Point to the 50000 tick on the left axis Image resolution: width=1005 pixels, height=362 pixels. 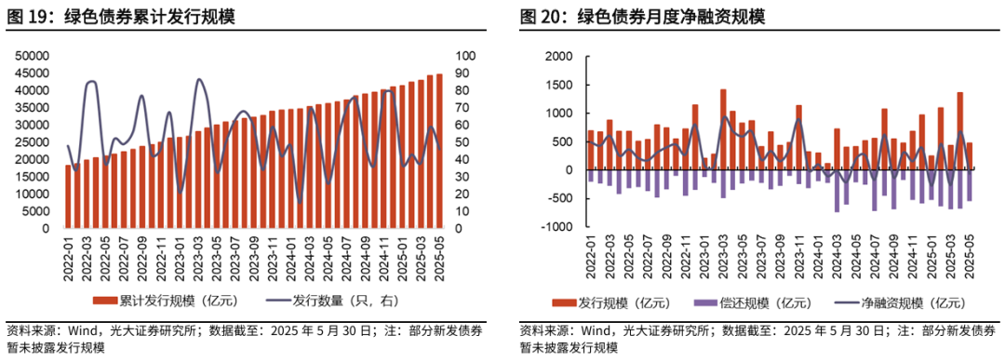coord(33,56)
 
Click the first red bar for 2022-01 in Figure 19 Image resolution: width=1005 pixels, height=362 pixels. coord(68,196)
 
